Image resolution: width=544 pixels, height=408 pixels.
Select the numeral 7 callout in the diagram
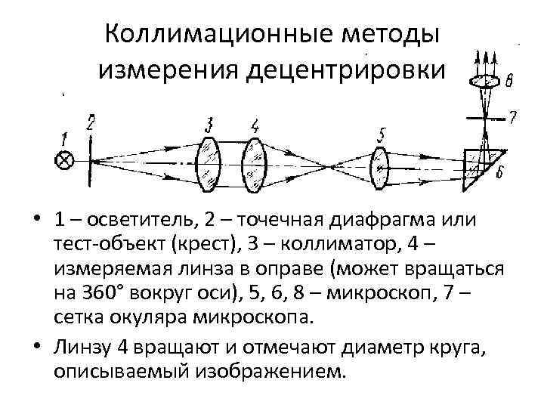tap(513, 117)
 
